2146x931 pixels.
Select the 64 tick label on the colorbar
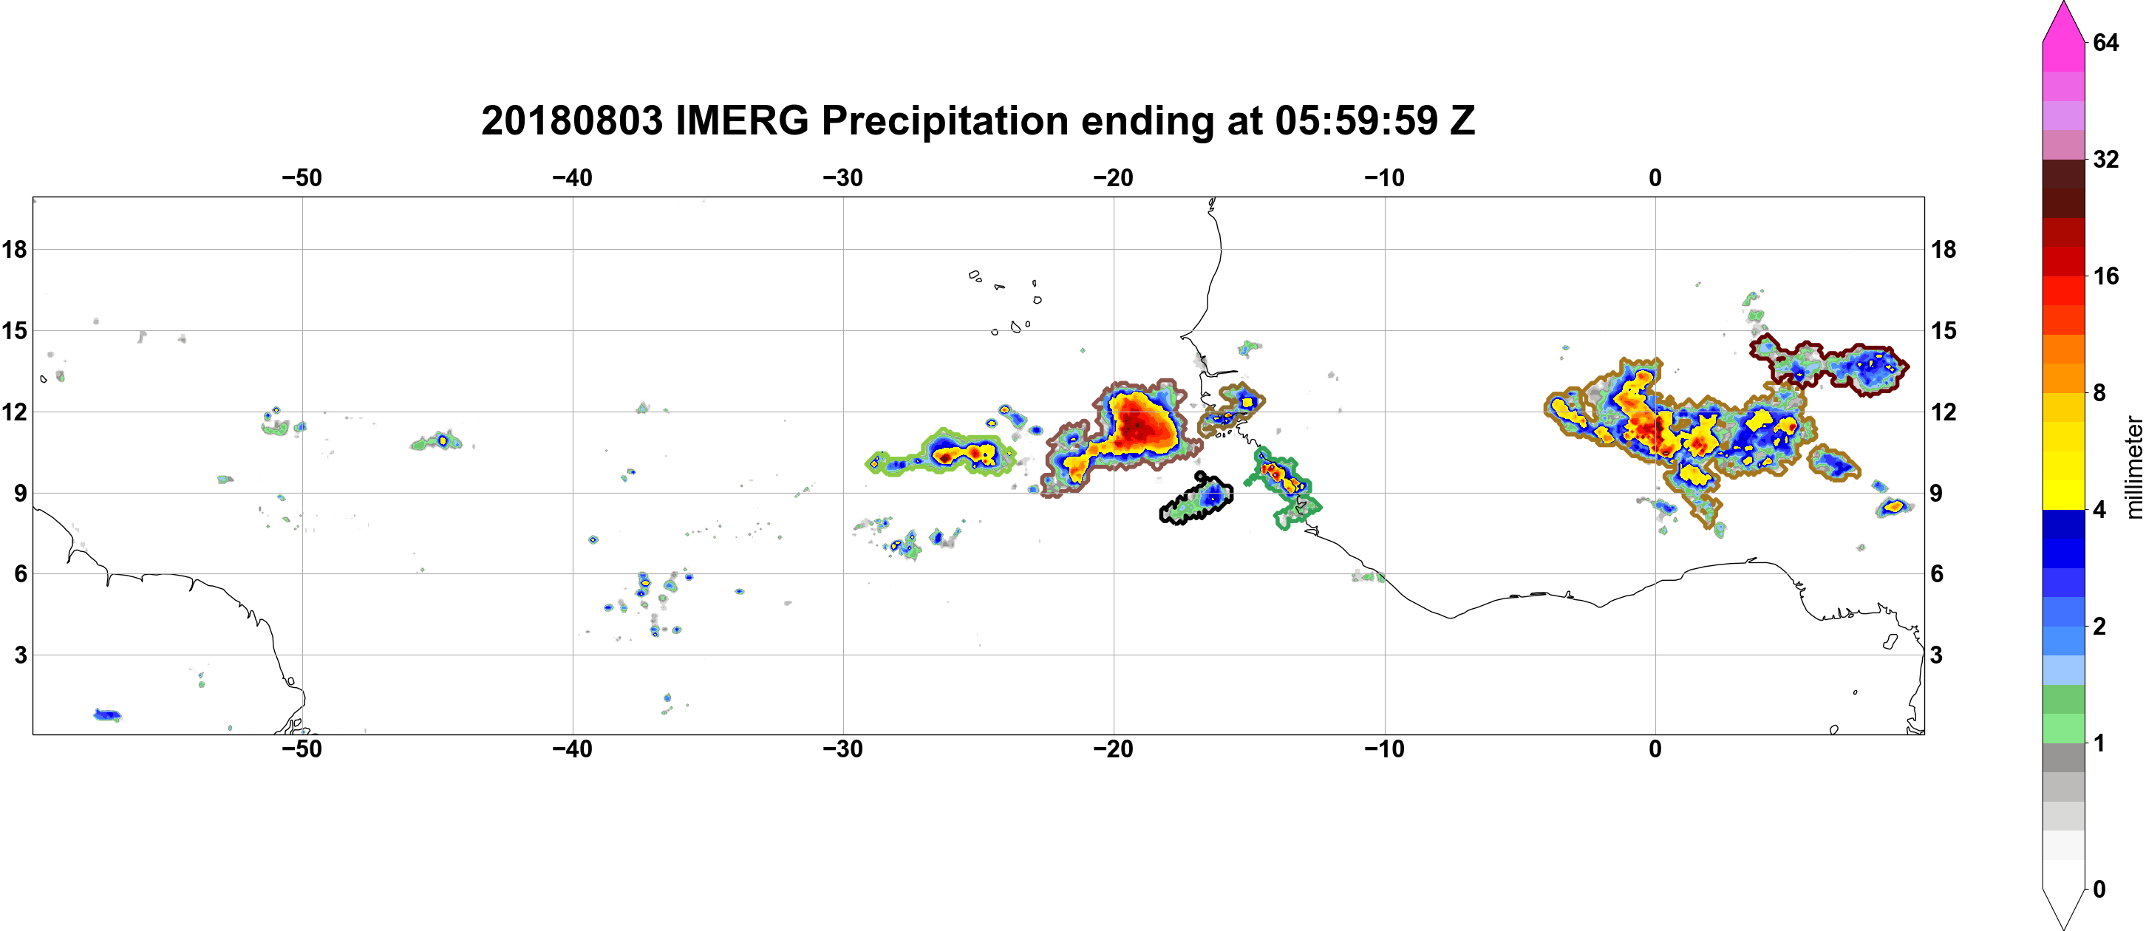2105,42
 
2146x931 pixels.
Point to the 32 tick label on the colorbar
2105,159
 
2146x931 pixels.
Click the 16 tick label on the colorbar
2105,276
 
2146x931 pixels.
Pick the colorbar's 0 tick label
2099,890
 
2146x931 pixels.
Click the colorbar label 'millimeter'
2133,467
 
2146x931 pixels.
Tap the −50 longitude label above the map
302,177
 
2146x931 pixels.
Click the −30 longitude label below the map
843,749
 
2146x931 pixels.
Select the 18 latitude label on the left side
14,249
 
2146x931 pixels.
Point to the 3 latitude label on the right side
1936,655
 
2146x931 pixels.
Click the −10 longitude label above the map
1385,177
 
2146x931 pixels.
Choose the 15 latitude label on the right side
1944,330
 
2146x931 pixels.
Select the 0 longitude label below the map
1655,749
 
